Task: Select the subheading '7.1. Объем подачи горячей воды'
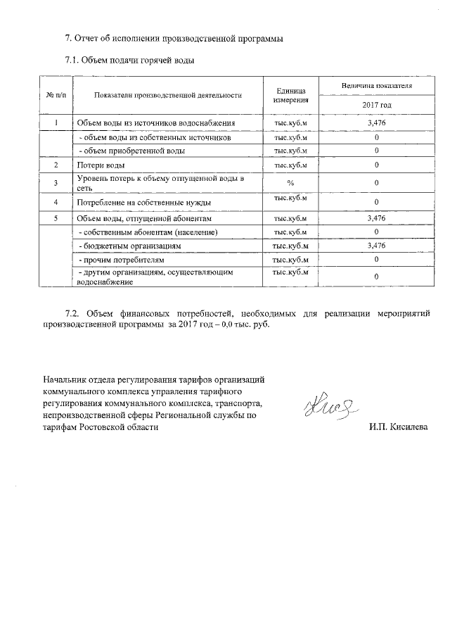point(129,61)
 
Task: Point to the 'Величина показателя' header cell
point(376,86)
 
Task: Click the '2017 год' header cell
point(376,105)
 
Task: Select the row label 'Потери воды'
point(101,165)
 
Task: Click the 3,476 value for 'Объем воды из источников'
point(376,124)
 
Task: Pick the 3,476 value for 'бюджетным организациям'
point(376,246)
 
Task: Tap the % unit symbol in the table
point(290,183)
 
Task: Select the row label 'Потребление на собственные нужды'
point(144,203)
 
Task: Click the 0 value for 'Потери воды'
point(376,165)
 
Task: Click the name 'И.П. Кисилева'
point(397,427)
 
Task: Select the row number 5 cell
point(56,219)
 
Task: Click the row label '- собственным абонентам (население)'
point(147,232)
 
